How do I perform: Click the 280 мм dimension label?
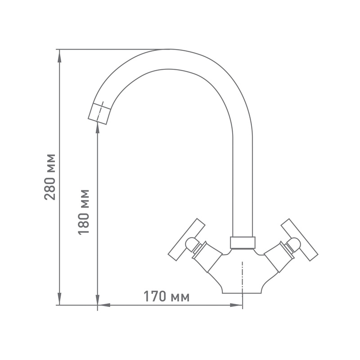pos(50,177)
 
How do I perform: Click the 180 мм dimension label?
pos(84,212)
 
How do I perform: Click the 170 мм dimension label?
pos(166,297)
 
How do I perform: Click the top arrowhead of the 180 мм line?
pos(98,128)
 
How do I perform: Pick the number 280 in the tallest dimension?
pos(50,189)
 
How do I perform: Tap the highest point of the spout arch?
pos(169,49)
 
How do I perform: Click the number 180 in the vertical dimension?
pos(84,223)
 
